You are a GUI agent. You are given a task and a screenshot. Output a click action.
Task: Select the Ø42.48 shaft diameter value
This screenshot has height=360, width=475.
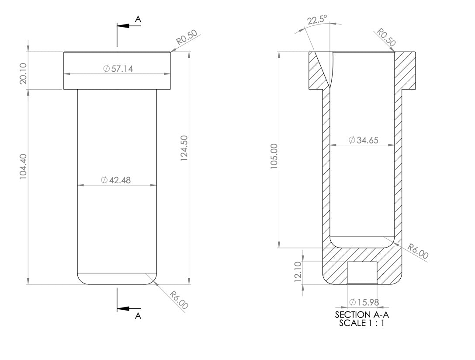pos(116,180)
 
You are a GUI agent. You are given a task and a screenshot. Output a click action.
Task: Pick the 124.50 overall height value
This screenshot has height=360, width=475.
pos(184,148)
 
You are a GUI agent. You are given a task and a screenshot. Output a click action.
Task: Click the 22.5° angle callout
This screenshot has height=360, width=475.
pos(317,21)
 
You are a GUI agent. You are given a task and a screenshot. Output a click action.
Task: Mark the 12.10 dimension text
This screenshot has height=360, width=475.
pos(298,272)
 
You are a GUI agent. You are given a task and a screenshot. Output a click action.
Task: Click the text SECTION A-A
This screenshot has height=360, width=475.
pos(361,315)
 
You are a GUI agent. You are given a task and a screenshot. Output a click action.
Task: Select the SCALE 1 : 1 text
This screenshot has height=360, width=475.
pos(361,323)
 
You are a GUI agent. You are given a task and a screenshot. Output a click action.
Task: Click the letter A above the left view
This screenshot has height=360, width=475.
pos(138,19)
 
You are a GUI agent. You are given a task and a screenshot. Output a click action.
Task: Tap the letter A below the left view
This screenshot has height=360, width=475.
pos(138,316)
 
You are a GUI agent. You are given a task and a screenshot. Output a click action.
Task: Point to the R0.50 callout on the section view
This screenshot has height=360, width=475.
pos(386,38)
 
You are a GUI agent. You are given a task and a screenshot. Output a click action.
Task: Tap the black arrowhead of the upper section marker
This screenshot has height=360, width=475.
pos(124,25)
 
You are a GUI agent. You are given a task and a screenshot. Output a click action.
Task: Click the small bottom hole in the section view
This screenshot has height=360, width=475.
pos(361,273)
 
